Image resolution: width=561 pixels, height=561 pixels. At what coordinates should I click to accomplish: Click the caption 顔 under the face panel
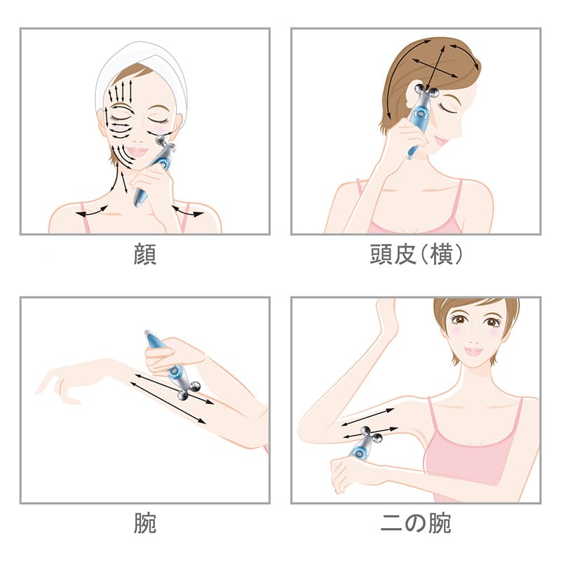[x=145, y=254]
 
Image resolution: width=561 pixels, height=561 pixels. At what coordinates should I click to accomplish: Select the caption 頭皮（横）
[x=416, y=254]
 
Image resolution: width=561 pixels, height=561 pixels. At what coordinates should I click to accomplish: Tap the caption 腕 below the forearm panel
[x=145, y=523]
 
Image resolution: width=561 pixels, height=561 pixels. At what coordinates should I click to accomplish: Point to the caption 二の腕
[x=415, y=523]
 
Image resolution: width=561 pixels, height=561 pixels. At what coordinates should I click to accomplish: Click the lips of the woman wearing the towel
[x=137, y=151]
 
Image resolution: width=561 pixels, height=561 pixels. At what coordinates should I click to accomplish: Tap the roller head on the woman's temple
[x=426, y=91]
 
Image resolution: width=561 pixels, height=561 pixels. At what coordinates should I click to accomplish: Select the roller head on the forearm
[x=189, y=390]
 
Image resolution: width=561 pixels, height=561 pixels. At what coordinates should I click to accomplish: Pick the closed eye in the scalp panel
[x=447, y=107]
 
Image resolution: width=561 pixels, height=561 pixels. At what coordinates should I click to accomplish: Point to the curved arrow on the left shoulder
[x=92, y=212]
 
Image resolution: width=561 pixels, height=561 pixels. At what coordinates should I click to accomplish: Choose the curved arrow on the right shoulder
[x=187, y=212]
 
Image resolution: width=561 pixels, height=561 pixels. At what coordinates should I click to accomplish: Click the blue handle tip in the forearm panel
[x=150, y=337]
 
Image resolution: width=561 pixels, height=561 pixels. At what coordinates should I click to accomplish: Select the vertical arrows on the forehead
[x=120, y=92]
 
